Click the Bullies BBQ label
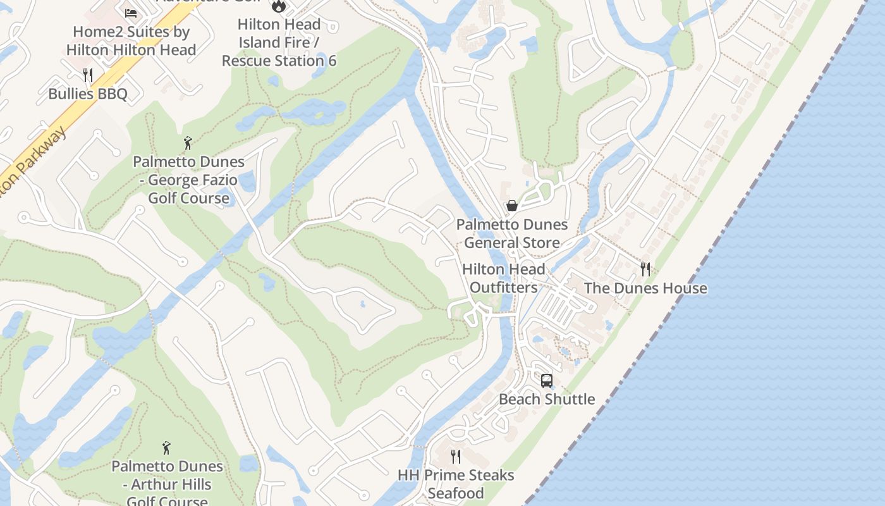88,94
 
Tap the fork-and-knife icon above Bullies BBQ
88,75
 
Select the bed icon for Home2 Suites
131,13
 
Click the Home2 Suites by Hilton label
131,40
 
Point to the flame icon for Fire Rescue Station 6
278,6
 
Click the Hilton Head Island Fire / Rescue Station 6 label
279,42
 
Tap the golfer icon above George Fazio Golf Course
187,143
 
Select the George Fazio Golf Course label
188,180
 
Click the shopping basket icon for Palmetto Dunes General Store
512,206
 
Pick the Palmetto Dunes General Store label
512,233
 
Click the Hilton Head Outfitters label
503,278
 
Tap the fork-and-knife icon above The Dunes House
645,269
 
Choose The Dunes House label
645,288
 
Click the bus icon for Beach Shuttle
547,381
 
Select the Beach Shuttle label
547,399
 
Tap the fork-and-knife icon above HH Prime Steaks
455,457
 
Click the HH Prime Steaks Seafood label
456,484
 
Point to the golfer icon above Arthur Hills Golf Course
166,448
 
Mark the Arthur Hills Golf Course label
167,484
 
